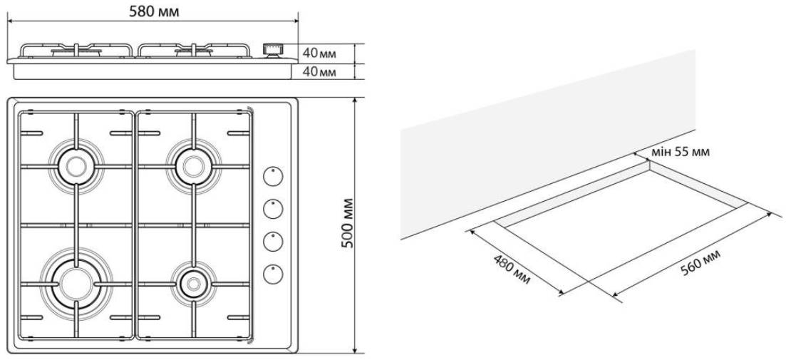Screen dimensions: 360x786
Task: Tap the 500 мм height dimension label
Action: tap(347, 224)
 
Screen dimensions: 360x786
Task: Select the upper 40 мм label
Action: tap(319, 53)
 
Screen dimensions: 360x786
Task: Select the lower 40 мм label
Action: tap(319, 71)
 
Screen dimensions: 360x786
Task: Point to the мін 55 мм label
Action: tap(681, 152)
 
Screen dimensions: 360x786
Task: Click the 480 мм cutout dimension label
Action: tap(512, 268)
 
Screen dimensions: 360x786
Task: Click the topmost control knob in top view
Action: tap(274, 175)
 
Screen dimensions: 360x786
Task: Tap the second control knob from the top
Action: tap(274, 209)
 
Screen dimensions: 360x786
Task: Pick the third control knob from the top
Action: tap(274, 242)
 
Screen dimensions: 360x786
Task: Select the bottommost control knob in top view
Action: tap(274, 274)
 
